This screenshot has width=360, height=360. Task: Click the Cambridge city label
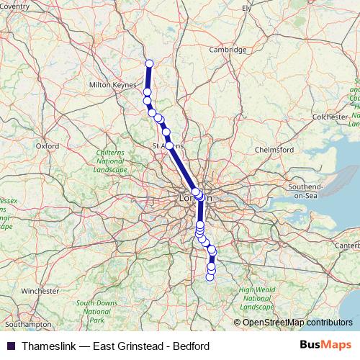[228, 50]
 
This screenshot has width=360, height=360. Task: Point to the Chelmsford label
[276, 150]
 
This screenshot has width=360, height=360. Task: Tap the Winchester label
[40, 291]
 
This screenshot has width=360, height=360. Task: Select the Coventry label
[14, 6]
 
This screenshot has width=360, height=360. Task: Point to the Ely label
[247, 8]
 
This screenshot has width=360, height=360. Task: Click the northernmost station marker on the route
[150, 63]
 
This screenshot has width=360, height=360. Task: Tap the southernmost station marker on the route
[210, 276]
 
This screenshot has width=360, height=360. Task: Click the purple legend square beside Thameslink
[10, 346]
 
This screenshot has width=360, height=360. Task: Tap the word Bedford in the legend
[192, 346]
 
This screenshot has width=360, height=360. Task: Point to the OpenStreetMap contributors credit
[297, 323]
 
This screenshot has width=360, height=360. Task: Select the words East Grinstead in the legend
[129, 346]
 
